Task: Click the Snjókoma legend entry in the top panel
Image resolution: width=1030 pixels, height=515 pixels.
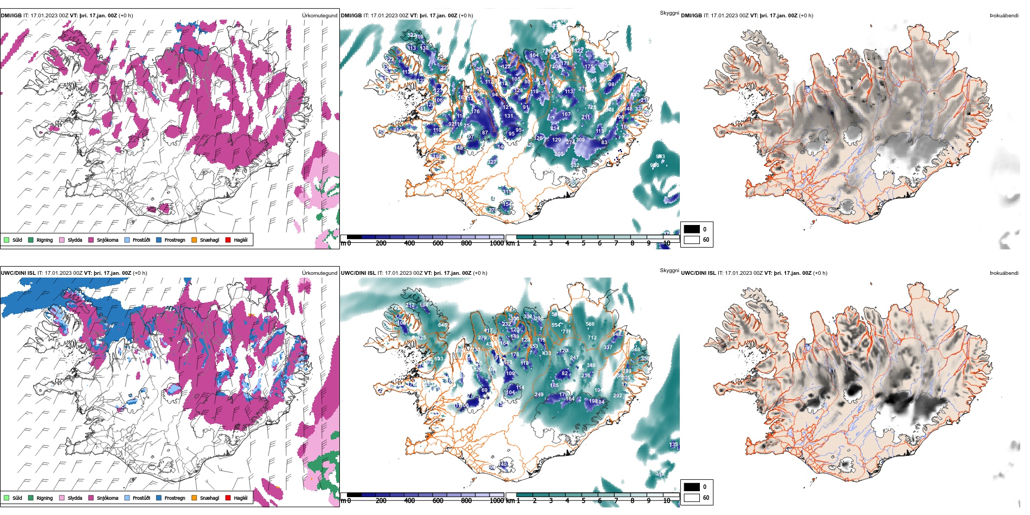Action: coord(107,240)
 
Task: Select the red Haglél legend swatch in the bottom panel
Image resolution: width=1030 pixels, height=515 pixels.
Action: coord(228,498)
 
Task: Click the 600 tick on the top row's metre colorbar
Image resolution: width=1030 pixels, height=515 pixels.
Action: coord(438,243)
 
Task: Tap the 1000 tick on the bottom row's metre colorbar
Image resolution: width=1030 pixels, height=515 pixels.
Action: coord(496,501)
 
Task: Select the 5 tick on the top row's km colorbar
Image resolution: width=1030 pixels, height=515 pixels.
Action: coord(583,243)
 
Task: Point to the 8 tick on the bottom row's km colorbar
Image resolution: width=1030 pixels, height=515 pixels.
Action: coord(632,501)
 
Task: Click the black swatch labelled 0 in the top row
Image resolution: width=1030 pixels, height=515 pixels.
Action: coord(692,229)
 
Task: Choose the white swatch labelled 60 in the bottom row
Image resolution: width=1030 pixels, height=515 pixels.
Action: coord(692,498)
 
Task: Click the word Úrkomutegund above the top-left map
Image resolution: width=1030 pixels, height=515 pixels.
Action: coord(319,16)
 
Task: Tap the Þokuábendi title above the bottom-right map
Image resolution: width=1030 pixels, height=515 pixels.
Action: coord(1004,273)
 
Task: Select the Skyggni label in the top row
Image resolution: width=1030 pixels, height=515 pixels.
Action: coord(669,13)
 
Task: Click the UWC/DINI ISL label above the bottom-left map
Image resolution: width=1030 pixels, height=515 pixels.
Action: coord(18,273)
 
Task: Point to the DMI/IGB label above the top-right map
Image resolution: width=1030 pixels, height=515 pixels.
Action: coord(691,16)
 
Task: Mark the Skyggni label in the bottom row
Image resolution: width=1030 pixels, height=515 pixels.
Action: coord(669,271)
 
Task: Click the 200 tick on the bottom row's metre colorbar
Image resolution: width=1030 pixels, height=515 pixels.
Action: coord(381,501)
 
